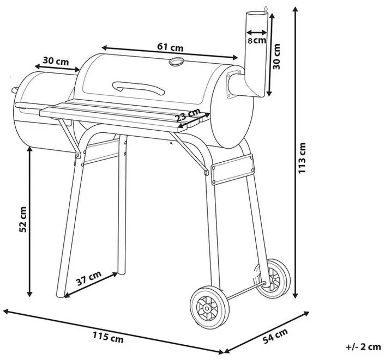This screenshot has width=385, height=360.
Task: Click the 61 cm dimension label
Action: point(169,47)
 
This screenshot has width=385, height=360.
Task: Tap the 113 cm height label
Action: point(303,158)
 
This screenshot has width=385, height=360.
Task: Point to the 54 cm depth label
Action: point(274,338)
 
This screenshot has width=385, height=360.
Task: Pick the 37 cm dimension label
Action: point(88,281)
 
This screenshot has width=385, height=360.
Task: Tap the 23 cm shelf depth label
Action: point(188,115)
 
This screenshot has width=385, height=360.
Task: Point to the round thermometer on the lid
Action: point(176,62)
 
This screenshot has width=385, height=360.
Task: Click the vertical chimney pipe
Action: point(255,54)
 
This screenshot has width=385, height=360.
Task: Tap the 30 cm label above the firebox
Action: point(55,61)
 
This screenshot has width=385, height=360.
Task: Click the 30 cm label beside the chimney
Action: point(278,56)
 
